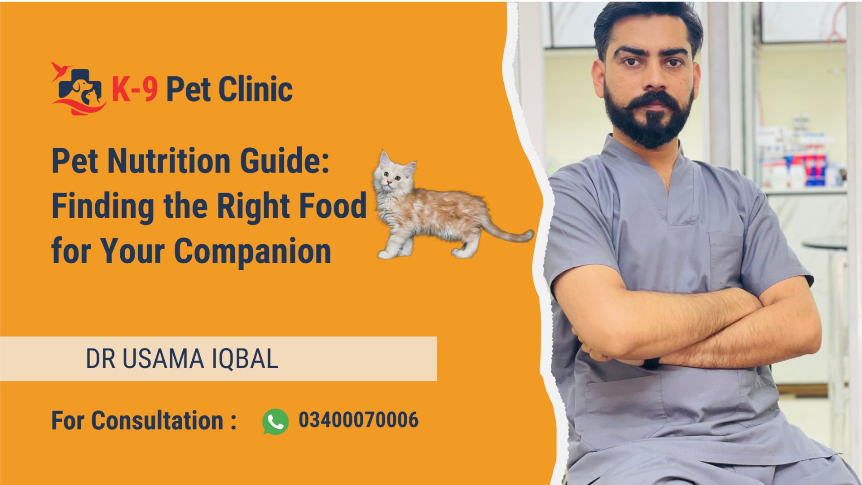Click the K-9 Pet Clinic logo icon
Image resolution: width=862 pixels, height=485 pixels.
point(79,88)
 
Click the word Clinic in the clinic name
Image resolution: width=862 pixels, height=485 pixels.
point(255,88)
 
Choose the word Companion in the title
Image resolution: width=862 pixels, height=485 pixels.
point(252,251)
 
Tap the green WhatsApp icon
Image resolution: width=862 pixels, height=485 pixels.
point(275,421)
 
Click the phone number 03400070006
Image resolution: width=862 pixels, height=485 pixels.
point(359,420)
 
